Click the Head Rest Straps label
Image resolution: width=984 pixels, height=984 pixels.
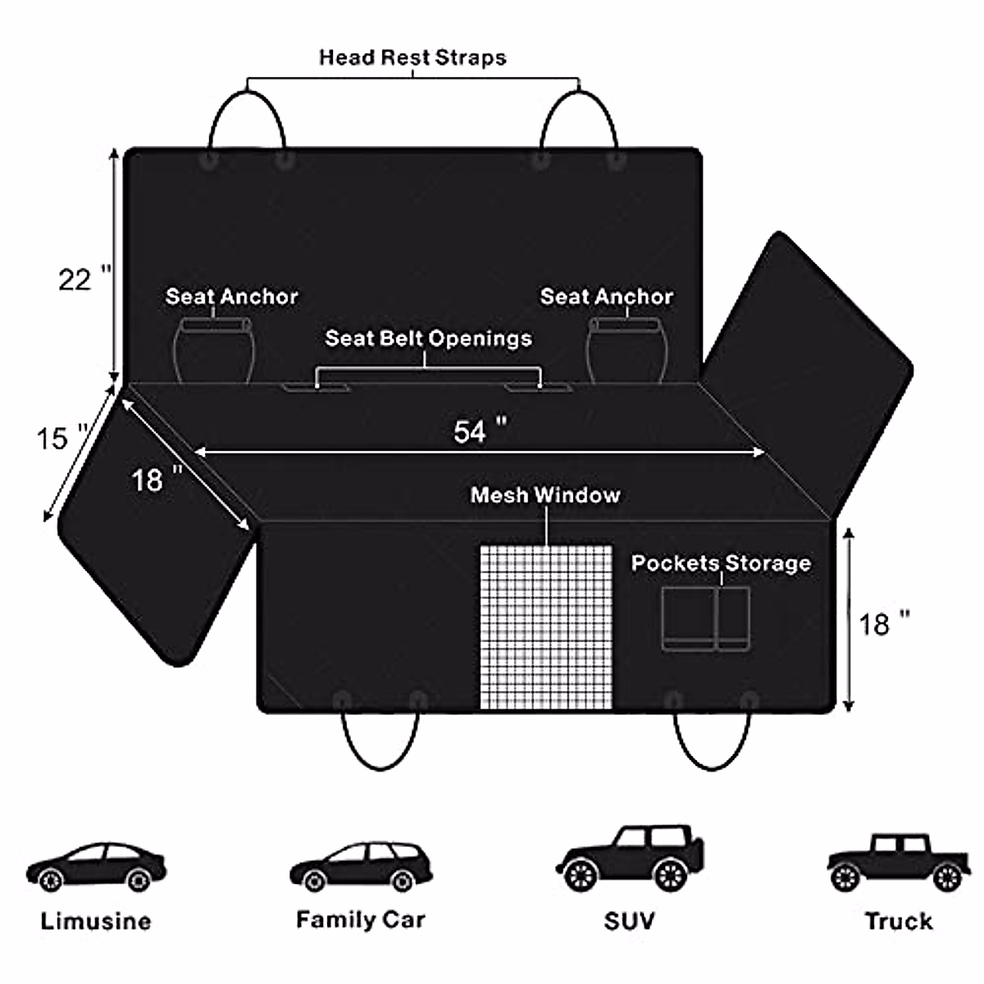point(412,57)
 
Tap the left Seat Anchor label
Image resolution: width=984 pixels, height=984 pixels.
point(231,296)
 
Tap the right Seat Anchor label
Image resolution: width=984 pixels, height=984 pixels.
point(606,296)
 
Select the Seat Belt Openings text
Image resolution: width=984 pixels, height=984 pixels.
point(428,338)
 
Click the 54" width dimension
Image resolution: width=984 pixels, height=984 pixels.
point(480,431)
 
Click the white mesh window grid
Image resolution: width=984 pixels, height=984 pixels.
point(546,627)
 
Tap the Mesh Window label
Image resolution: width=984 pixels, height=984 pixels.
point(545,495)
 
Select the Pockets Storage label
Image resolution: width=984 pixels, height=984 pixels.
point(721,563)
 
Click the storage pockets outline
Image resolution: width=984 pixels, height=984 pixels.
point(705,619)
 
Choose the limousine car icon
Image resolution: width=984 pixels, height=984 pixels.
point(96,868)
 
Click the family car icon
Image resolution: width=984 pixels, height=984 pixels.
point(361,868)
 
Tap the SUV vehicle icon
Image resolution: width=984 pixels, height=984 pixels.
point(630,859)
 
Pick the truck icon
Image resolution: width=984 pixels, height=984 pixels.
point(897,863)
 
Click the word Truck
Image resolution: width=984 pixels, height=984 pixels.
point(899,921)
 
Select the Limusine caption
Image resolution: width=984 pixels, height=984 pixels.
point(96,921)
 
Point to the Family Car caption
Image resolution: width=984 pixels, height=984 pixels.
point(361,919)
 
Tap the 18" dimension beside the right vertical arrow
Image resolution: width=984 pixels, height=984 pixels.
point(884,625)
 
